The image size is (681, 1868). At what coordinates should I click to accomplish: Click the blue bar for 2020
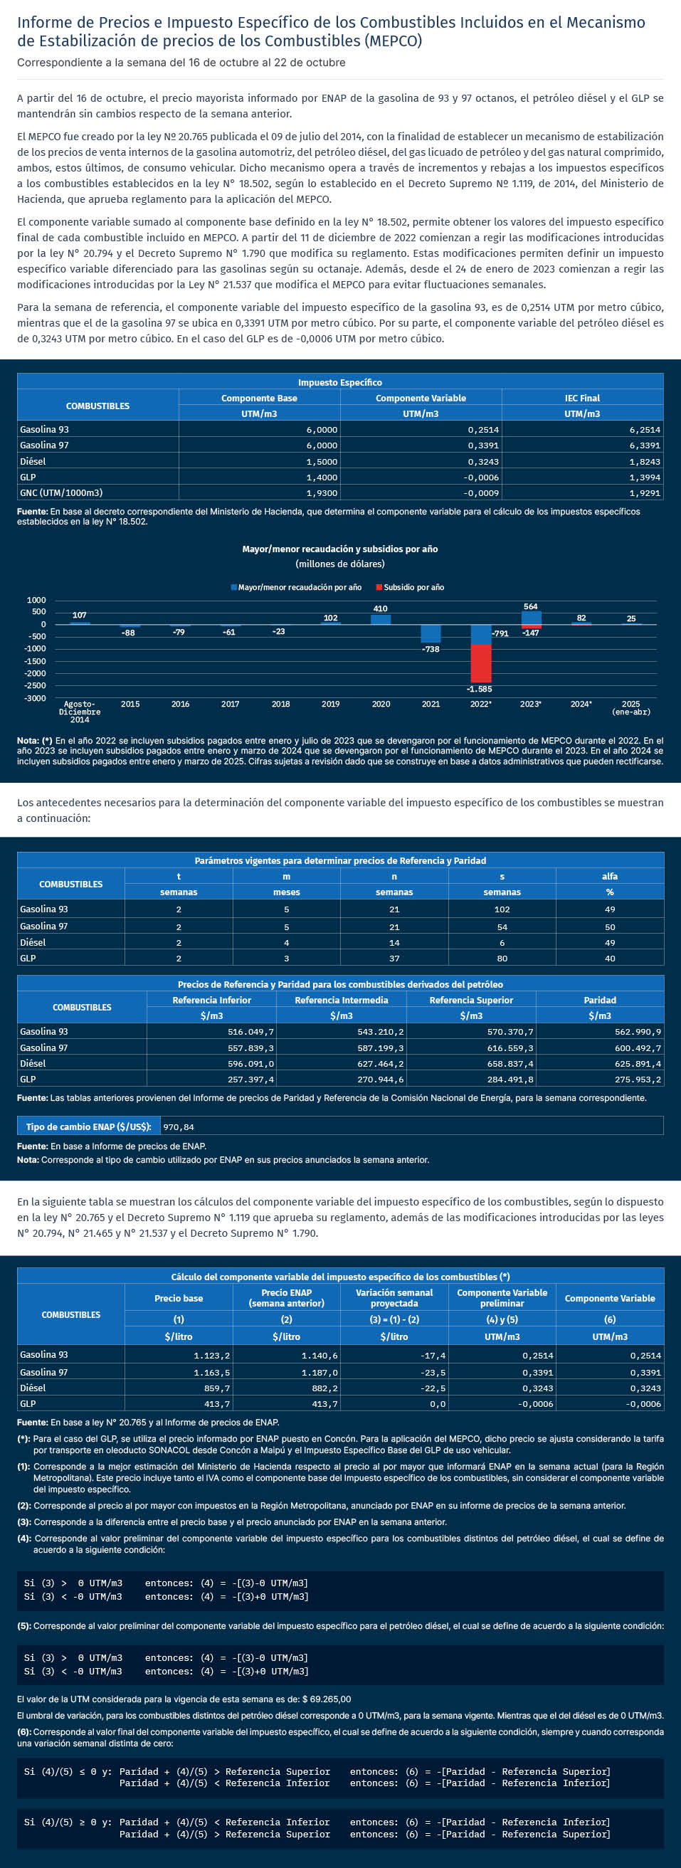click(381, 619)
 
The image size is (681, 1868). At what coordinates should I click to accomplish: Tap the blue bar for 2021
click(431, 633)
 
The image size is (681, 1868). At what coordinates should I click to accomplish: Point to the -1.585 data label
click(480, 689)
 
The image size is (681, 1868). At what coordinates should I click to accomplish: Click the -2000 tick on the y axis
click(36, 673)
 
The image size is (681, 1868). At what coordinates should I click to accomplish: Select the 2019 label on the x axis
click(330, 704)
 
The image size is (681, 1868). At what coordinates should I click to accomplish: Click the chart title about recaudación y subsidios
click(339, 549)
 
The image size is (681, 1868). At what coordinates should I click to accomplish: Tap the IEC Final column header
click(581, 398)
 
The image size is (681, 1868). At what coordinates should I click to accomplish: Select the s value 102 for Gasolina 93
click(502, 909)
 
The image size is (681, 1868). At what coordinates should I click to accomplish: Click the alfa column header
click(609, 877)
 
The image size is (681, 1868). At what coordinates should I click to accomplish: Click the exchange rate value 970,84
click(179, 1127)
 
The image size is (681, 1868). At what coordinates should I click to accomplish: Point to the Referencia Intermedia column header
click(341, 1000)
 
